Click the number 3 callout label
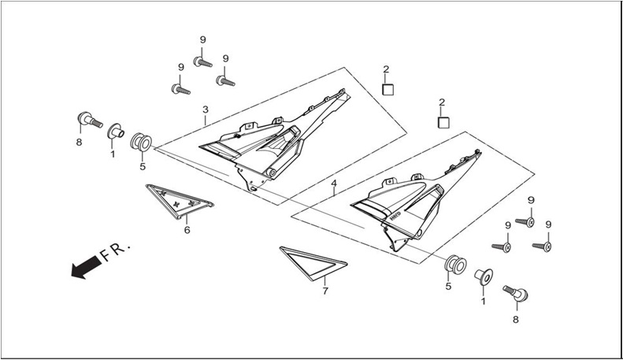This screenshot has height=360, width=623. (x=205, y=109)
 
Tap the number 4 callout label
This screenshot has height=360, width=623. (x=334, y=184)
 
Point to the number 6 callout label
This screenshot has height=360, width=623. (x=187, y=230)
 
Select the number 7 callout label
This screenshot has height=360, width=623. (x=325, y=291)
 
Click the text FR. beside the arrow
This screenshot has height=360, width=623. (x=115, y=251)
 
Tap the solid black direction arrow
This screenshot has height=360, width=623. (x=86, y=267)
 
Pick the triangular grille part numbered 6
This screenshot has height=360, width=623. (x=180, y=202)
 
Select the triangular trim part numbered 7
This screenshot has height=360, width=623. (x=313, y=263)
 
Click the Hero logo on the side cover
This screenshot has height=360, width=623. (x=395, y=217)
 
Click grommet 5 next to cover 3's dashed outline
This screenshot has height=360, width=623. (x=141, y=143)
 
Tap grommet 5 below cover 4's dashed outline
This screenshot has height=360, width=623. (x=455, y=265)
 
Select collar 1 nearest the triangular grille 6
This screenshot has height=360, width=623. (x=115, y=132)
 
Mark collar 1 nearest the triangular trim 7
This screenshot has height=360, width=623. (x=484, y=277)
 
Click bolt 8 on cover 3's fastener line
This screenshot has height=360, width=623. (x=90, y=119)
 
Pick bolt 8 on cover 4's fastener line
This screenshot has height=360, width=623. (x=516, y=293)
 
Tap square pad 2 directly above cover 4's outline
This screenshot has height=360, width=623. (x=443, y=123)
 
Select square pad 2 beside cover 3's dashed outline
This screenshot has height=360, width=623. (x=388, y=89)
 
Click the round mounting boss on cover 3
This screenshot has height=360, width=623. (x=272, y=173)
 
